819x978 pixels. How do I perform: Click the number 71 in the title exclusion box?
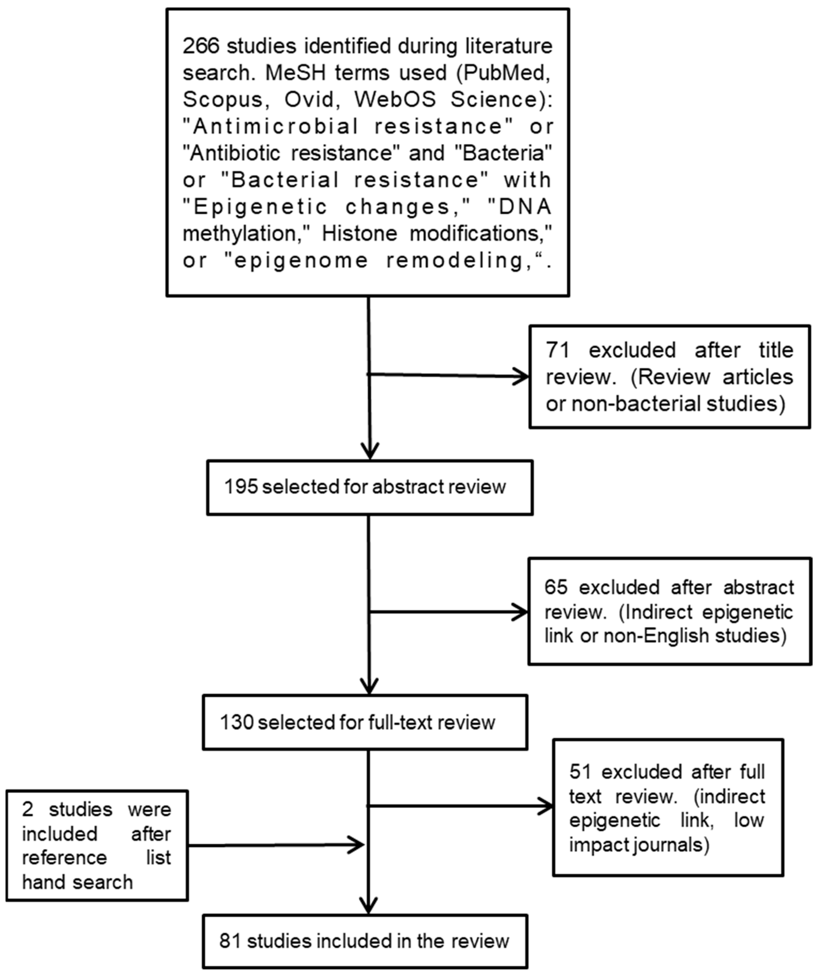(558, 350)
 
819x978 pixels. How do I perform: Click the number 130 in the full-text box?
(237, 723)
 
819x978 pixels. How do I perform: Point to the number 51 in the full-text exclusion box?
(580, 772)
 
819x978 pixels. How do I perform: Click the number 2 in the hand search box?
(27, 810)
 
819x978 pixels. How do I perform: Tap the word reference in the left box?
(64, 858)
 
